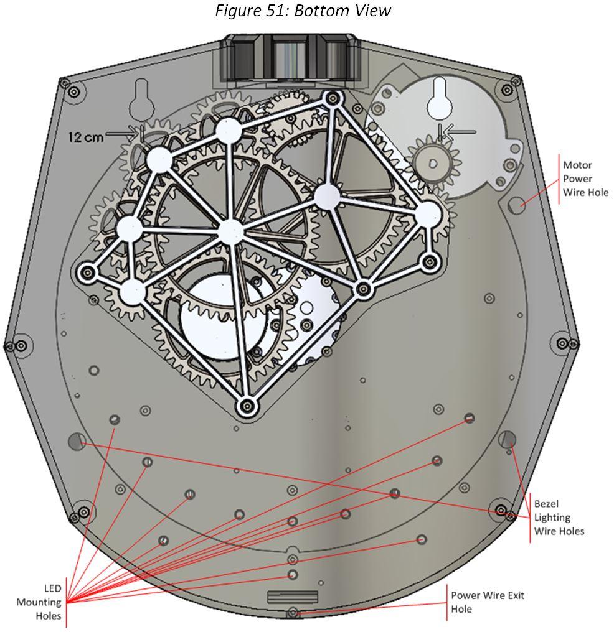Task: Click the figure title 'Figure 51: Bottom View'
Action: point(303,11)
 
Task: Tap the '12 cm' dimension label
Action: point(86,137)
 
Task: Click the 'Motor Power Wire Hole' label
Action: point(585,179)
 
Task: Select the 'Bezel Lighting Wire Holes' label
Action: point(559,517)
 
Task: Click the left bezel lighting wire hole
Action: point(77,440)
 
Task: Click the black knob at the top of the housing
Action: point(290,60)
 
